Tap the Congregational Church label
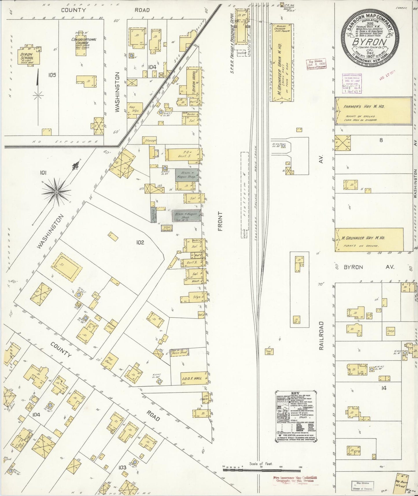coord(84,41)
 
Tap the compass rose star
coord(56,192)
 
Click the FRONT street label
coord(220,221)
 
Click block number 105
coord(52,75)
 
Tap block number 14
coord(384,388)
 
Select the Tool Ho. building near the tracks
coord(269,352)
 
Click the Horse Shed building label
coord(179,352)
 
